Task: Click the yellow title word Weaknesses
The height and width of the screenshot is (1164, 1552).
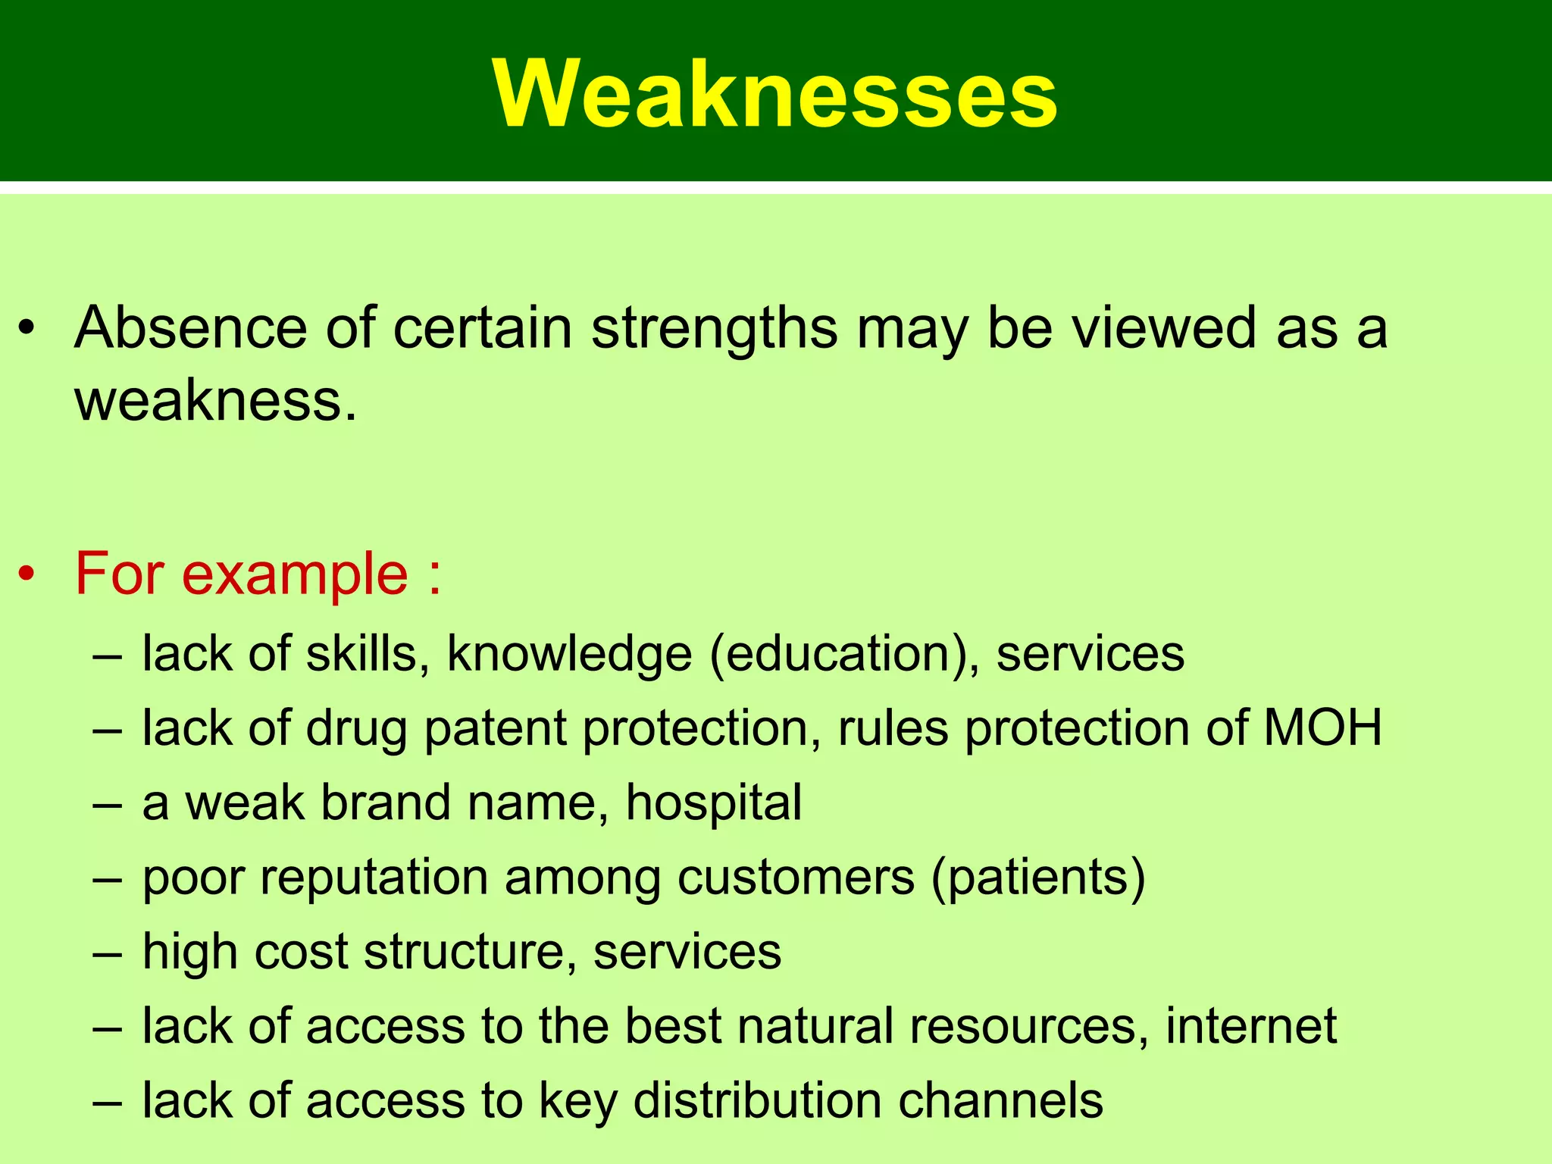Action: pos(774,94)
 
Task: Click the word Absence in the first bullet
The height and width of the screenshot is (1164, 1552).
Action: pos(189,327)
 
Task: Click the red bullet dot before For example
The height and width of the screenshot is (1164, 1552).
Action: pos(28,574)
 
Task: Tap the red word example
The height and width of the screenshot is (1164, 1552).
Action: pos(295,574)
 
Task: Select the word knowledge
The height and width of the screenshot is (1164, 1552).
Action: pos(569,653)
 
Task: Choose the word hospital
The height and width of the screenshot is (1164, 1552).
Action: pos(713,803)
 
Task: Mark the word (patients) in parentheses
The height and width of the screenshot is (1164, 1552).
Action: pos(1037,878)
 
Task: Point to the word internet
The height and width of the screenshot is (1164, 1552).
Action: pos(1250,1026)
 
